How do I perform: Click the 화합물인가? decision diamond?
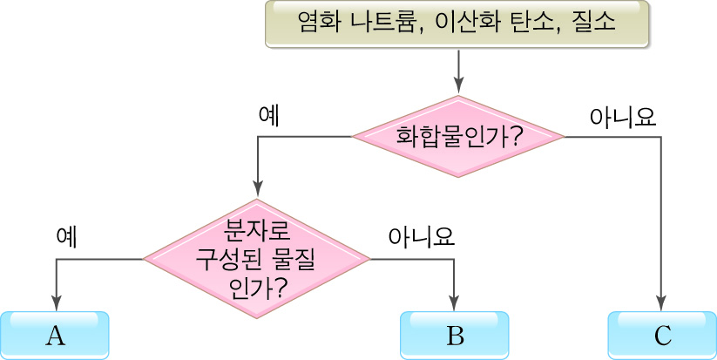coord(458,137)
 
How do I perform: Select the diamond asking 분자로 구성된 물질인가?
coord(257,259)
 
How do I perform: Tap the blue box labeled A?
coord(55,336)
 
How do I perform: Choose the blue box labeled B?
coord(454,336)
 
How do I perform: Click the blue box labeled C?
coord(661,336)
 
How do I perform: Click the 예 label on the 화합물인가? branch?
coord(269,116)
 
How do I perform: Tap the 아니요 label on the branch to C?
coord(622,116)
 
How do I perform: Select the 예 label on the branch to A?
coord(66,237)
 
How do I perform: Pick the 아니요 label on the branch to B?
coord(422,237)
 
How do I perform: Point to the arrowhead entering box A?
coord(57,304)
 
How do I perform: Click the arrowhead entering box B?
coord(454,304)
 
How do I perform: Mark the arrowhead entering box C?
coord(661,304)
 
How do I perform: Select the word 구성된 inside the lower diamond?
coord(230,259)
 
